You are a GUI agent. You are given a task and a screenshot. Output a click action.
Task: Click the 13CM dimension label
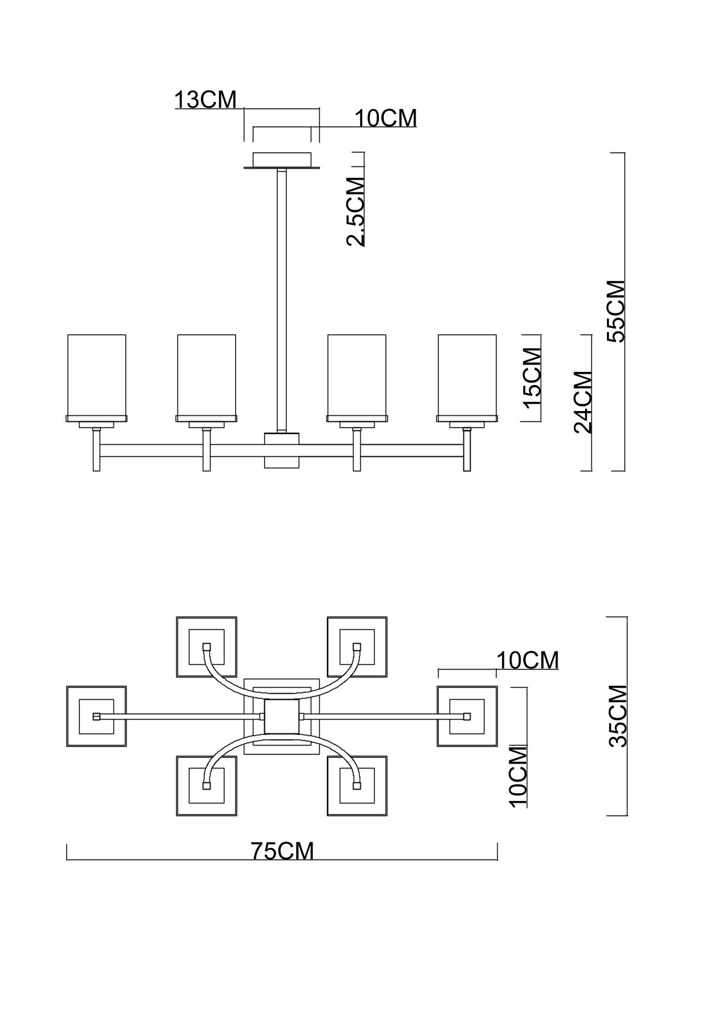(206, 100)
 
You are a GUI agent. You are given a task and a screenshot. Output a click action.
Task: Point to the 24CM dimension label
(583, 402)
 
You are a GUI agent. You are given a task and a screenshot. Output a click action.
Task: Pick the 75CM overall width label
(282, 851)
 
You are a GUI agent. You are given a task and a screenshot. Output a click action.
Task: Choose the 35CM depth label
(618, 716)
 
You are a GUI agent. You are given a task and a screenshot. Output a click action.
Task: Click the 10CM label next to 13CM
(386, 119)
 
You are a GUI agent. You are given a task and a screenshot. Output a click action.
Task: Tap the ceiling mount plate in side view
(282, 161)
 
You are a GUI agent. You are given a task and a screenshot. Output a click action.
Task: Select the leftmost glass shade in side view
(97, 375)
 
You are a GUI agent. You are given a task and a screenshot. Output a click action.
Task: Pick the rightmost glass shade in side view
(467, 375)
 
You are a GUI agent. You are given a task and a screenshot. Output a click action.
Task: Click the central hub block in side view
(282, 450)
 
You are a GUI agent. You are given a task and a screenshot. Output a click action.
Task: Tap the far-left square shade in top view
(96, 716)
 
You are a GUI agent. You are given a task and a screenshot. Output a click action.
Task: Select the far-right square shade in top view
(467, 716)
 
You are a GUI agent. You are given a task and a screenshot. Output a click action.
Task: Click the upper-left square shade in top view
(206, 646)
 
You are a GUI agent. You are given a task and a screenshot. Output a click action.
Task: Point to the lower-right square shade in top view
(357, 786)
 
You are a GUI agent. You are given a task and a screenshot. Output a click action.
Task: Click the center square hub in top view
(282, 716)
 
